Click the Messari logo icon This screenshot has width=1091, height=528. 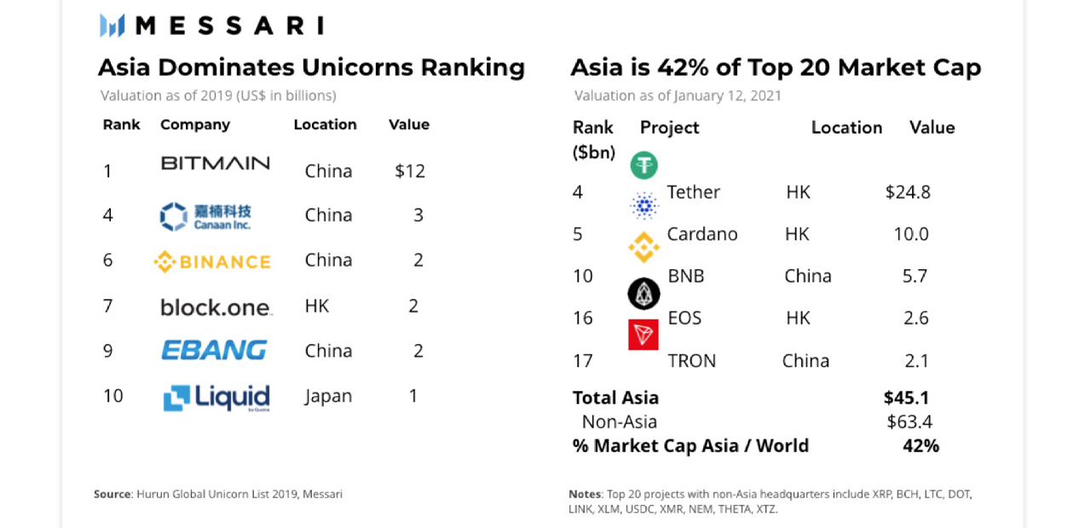(113, 26)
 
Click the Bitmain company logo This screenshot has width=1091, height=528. (215, 164)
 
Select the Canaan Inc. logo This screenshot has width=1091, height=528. (205, 216)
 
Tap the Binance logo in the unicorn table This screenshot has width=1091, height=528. (212, 261)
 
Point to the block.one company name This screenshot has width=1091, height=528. (216, 307)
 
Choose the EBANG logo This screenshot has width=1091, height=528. (214, 350)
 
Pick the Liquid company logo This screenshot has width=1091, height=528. (216, 397)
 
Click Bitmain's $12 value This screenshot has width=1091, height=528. (410, 171)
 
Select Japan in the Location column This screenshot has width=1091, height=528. (328, 396)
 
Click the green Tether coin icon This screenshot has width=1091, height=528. (644, 164)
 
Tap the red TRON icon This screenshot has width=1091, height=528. (644, 335)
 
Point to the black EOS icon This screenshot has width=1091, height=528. (644, 294)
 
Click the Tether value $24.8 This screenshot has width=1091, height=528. (908, 192)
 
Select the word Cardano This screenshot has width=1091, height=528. (702, 234)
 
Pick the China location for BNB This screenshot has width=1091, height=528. (807, 276)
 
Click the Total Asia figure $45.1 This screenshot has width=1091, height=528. (906, 398)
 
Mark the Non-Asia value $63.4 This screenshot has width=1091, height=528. (909, 422)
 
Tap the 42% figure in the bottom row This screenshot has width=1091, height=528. (921, 445)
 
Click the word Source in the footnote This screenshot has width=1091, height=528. (113, 494)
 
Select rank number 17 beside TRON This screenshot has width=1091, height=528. (583, 361)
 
